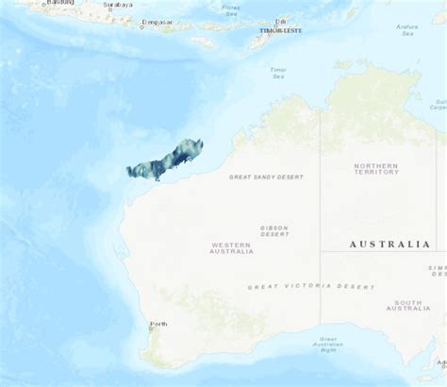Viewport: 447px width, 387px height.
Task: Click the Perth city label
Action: click(x=158, y=324)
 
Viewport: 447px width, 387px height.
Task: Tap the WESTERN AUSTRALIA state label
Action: click(x=232, y=248)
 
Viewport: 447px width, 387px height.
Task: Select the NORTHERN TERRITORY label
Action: click(x=376, y=169)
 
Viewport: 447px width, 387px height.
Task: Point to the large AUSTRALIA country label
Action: click(x=389, y=244)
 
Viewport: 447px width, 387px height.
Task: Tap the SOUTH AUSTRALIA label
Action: click(x=408, y=305)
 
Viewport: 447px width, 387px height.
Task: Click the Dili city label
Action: click(x=281, y=21)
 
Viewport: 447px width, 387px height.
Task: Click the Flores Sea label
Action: click(x=231, y=10)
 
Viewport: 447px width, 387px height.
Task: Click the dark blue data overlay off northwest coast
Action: click(x=165, y=160)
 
